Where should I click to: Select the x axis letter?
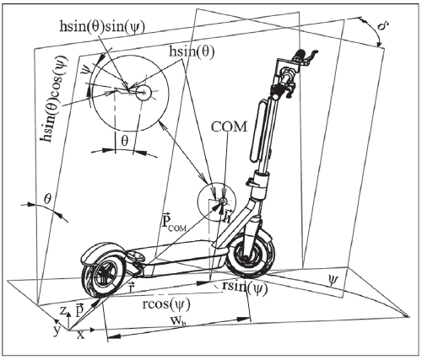(x=79, y=336)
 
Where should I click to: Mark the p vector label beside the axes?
(x=77, y=311)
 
